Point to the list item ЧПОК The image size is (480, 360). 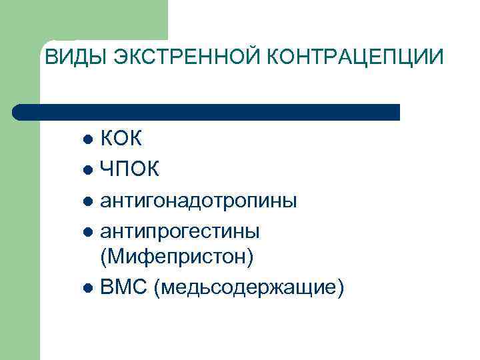129,170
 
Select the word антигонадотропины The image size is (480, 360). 198,201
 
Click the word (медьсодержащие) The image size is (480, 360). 249,288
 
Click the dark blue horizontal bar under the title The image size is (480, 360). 207,112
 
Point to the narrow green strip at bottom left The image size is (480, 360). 20,267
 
